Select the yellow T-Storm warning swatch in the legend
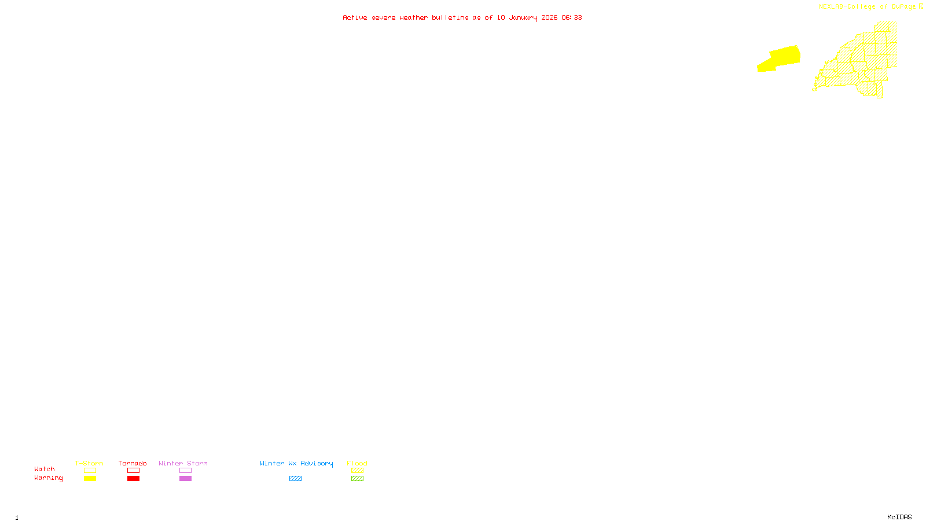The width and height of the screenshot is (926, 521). coord(90,479)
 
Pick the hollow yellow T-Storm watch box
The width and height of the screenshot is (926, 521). coord(90,471)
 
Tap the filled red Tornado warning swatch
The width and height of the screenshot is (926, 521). coord(133,479)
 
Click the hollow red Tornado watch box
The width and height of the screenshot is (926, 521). coord(133,471)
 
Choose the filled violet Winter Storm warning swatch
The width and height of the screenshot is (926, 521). coord(185,479)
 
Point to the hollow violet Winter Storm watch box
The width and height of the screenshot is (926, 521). coord(185,471)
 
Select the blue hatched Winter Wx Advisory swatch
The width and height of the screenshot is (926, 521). coord(295,479)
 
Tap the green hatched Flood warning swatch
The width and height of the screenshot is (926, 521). coord(357,479)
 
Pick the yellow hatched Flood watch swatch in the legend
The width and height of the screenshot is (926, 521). coord(357,471)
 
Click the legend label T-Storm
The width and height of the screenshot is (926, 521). coord(89,463)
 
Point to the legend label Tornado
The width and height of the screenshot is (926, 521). coord(133,463)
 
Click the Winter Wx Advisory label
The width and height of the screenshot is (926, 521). coord(296,463)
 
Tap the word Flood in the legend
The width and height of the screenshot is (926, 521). coord(357,463)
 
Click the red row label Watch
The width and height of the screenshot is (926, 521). coord(45,469)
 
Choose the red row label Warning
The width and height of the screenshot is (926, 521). coord(49,478)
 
